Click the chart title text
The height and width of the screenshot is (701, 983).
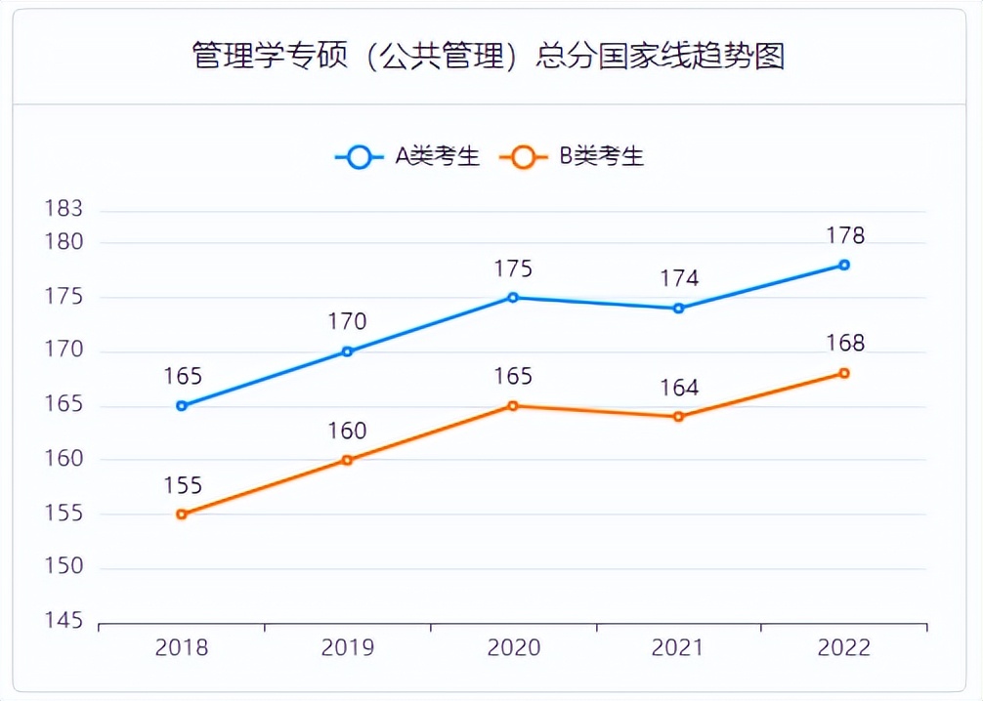pyautogui.click(x=489, y=55)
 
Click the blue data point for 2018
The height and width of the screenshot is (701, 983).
pyautogui.click(x=182, y=405)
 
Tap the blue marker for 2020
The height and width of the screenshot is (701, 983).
pyautogui.click(x=513, y=297)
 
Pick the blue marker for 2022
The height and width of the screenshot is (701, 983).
pyautogui.click(x=844, y=265)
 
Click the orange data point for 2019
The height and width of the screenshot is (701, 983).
pyautogui.click(x=347, y=460)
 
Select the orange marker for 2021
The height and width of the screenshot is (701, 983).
pyautogui.click(x=678, y=417)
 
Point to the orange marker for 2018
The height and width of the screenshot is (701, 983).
pyautogui.click(x=182, y=515)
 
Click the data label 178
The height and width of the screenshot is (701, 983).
pyautogui.click(x=844, y=235)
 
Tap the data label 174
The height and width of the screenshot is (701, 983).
pyautogui.click(x=678, y=278)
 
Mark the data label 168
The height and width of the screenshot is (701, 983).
pyautogui.click(x=844, y=344)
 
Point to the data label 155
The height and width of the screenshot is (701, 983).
pyautogui.click(x=182, y=485)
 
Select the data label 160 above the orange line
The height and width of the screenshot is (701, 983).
pyautogui.click(x=347, y=431)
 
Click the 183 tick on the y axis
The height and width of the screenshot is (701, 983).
pyautogui.click(x=64, y=209)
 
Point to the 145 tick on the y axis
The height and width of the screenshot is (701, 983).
pyautogui.click(x=64, y=621)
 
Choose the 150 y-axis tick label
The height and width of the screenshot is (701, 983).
pyautogui.click(x=64, y=567)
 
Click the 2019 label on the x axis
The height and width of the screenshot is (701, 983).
pyautogui.click(x=347, y=648)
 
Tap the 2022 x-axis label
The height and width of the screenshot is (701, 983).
pyautogui.click(x=844, y=648)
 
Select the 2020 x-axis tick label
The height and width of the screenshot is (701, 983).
pyautogui.click(x=513, y=648)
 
